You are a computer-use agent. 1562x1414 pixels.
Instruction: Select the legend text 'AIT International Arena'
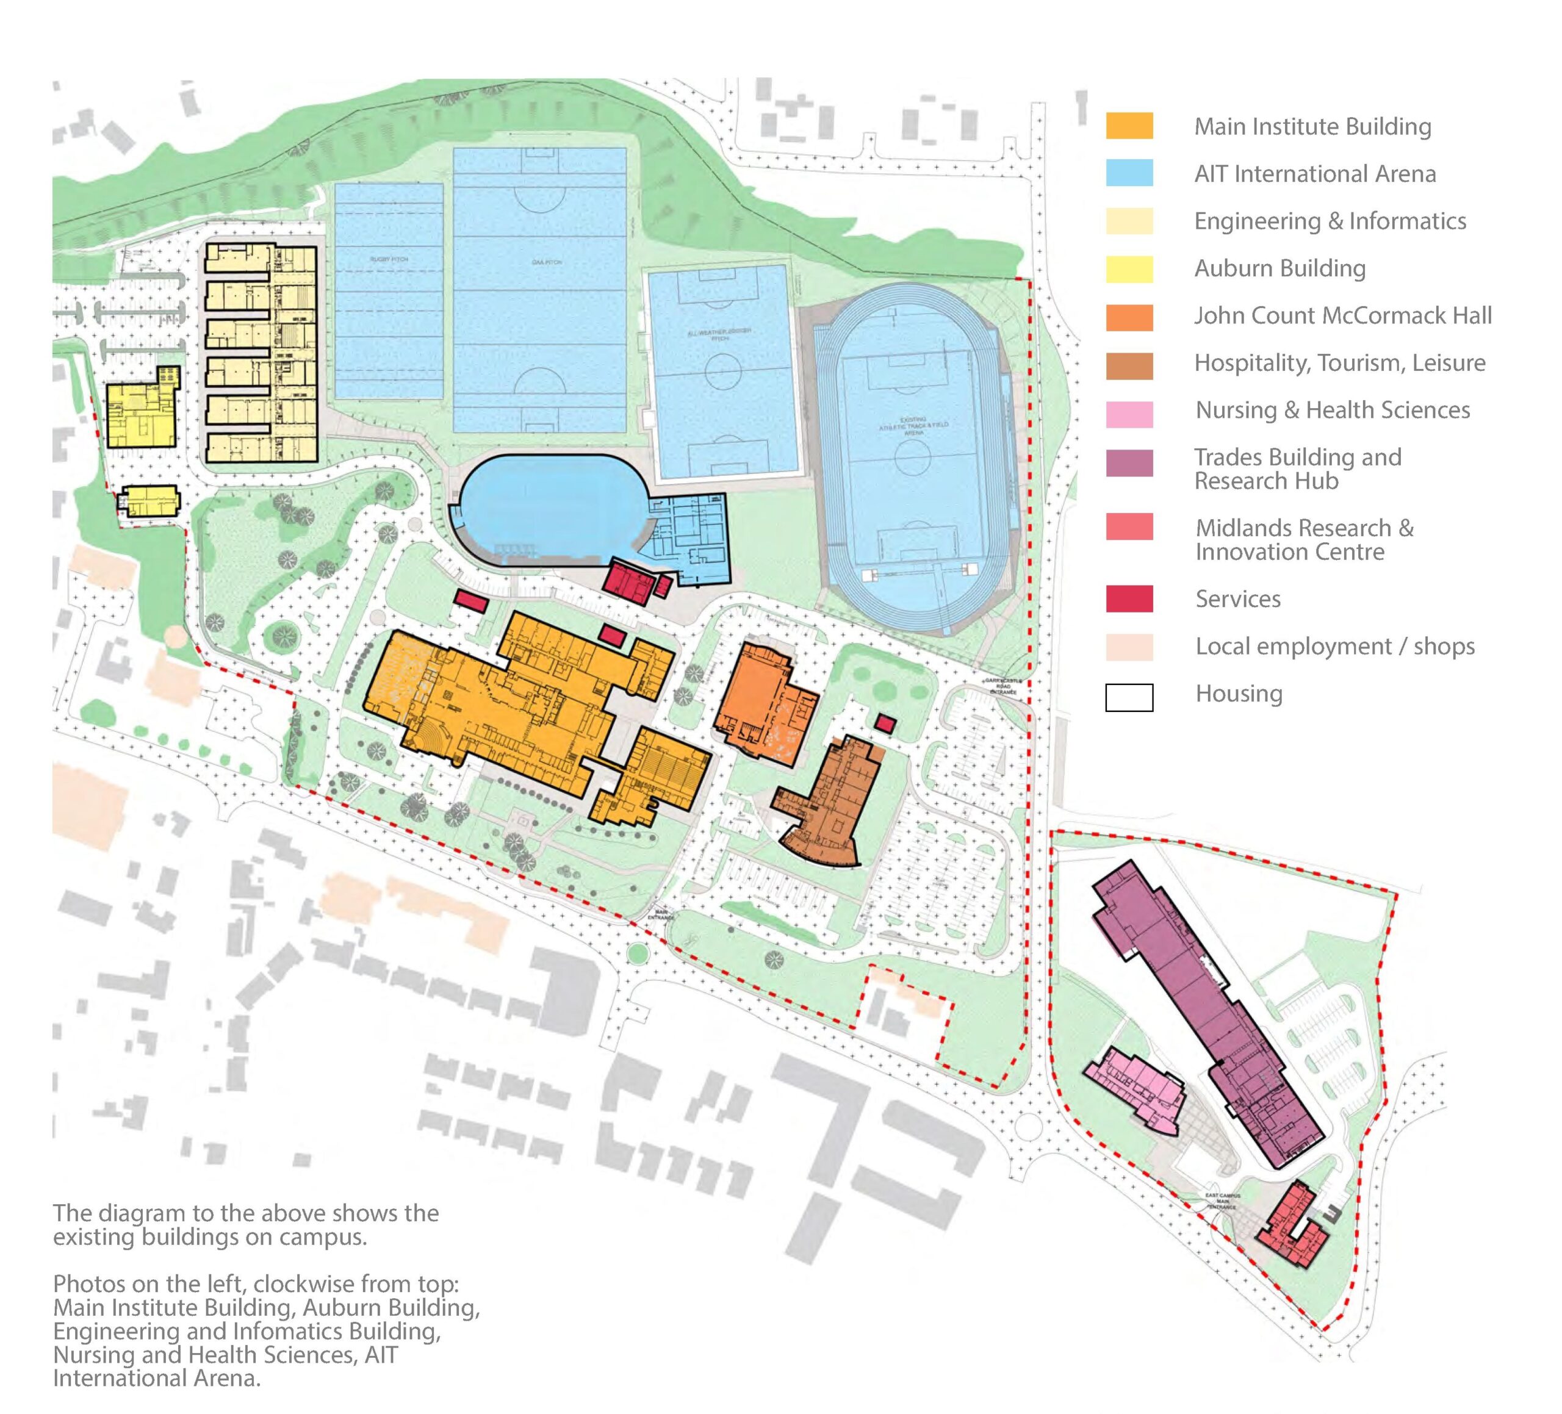click(1314, 174)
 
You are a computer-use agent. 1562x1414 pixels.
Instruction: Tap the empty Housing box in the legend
click(1129, 697)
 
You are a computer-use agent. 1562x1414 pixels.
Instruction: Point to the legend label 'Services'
click(1237, 599)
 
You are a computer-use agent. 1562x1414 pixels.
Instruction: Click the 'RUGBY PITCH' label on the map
click(388, 259)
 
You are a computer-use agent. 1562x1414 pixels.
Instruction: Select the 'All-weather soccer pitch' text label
click(719, 335)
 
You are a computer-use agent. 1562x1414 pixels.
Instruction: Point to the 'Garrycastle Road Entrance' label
click(1003, 686)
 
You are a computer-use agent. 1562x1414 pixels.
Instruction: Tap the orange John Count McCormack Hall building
click(759, 701)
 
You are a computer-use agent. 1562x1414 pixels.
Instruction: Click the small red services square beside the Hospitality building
click(885, 725)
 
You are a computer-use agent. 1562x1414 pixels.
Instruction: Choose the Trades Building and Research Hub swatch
click(1129, 464)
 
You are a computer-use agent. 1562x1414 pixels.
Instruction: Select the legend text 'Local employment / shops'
click(1334, 646)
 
